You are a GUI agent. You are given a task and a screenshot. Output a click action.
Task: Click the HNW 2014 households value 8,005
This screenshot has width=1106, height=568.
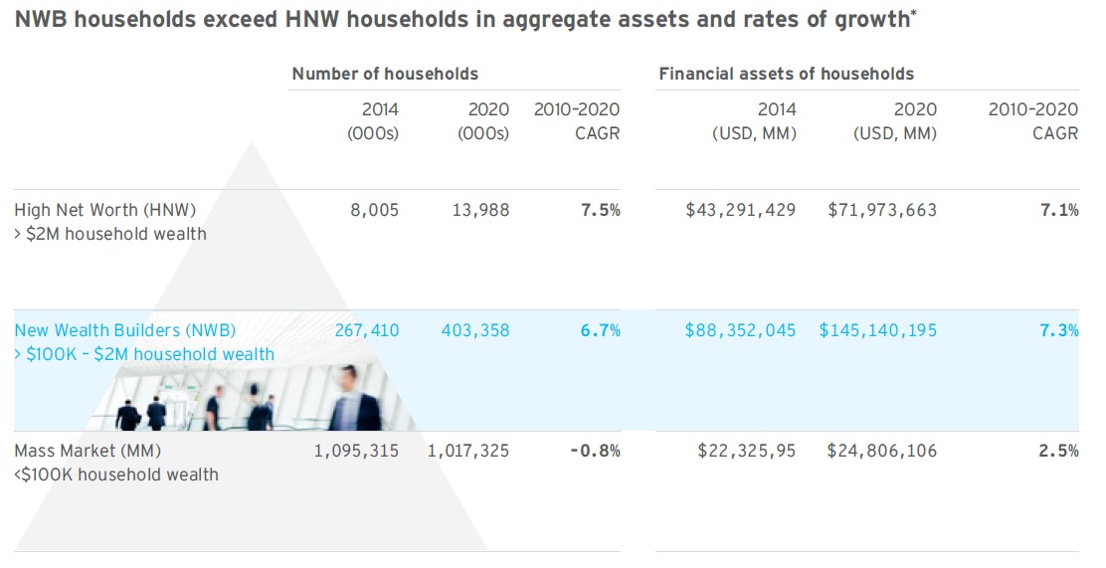coord(374,210)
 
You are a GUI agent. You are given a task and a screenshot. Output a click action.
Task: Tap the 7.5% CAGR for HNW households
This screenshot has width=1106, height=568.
coord(600,210)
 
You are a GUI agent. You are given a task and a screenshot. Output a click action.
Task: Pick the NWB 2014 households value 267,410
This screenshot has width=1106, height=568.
coord(367,330)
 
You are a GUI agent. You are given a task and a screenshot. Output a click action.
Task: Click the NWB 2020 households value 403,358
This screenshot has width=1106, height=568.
coord(474,330)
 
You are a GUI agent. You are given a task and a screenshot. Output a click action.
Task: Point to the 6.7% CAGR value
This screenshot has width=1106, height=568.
coord(600,330)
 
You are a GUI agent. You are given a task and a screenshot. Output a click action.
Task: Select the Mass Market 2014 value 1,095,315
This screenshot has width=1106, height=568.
coord(355,451)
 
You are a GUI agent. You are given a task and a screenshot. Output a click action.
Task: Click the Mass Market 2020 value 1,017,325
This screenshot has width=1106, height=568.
coord(467,451)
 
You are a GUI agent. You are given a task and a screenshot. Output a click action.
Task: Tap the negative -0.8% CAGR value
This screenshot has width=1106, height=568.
coord(595,451)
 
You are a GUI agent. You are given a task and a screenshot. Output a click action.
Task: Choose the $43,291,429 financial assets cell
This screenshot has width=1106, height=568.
coord(741,210)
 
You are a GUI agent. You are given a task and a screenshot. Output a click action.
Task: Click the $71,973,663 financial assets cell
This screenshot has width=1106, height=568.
coord(882,210)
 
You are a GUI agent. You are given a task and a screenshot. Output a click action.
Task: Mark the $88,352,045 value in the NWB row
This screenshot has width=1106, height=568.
coord(740,330)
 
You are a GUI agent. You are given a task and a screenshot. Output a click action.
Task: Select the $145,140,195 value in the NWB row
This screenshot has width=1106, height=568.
coord(878,330)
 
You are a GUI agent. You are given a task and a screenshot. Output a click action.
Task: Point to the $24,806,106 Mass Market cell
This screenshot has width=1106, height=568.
coord(882,451)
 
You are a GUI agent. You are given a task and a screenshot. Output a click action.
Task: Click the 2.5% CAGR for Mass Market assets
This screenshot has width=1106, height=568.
coord(1058,451)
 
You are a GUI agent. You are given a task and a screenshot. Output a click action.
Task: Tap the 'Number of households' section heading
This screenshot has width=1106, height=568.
coord(385,74)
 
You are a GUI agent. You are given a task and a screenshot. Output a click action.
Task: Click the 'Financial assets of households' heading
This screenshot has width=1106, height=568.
coord(786,74)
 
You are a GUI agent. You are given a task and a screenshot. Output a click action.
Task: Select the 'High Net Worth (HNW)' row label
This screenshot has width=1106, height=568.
coord(105,210)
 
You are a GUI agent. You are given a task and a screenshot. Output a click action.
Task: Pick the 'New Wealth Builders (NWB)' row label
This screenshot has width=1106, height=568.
coord(125,330)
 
